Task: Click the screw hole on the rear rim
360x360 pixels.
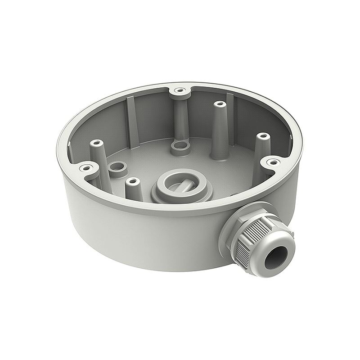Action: click(x=180, y=90)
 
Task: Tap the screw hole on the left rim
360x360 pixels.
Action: click(x=84, y=169)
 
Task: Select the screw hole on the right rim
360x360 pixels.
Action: click(x=271, y=161)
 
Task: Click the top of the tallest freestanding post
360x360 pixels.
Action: click(x=219, y=104)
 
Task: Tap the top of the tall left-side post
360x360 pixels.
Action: click(x=95, y=144)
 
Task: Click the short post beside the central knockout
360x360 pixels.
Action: click(x=131, y=181)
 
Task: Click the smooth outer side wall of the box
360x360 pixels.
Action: click(x=135, y=238)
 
